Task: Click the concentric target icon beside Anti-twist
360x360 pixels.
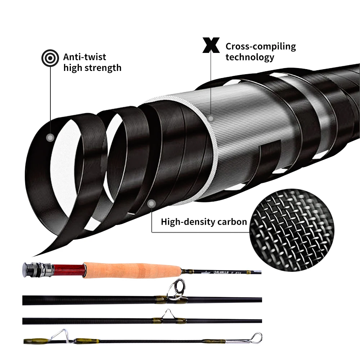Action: tap(49, 57)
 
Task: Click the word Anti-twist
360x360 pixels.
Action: tap(85, 57)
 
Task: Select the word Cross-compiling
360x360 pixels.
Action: tap(261, 46)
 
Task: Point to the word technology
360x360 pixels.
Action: tap(249, 57)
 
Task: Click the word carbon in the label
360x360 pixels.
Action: tap(229, 221)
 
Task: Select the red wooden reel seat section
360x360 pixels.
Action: tap(68, 268)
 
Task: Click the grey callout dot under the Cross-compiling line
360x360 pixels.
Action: tap(211, 118)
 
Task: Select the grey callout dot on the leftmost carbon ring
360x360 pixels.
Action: tap(50, 137)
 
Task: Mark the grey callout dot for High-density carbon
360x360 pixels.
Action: tap(151, 203)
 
